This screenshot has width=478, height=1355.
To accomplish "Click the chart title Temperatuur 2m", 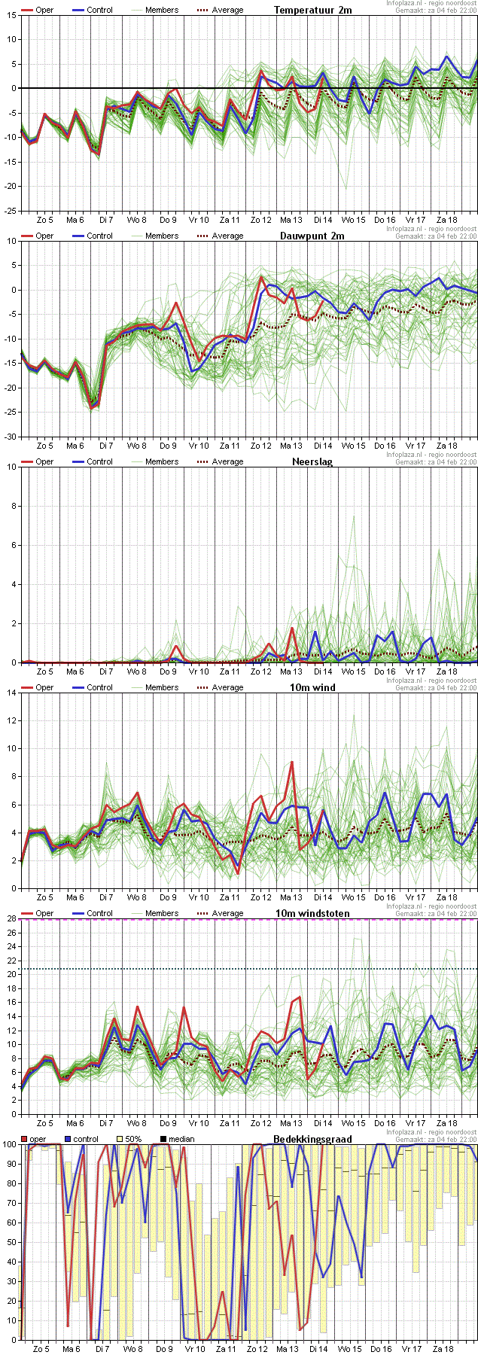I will pos(312,10).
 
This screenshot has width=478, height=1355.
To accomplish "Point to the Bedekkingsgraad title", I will pos(312,1139).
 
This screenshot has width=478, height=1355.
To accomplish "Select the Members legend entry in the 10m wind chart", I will pos(162,687).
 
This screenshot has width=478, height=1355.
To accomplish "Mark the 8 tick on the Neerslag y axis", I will pos(13,506).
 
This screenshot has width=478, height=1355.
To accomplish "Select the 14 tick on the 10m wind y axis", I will pos(11,693).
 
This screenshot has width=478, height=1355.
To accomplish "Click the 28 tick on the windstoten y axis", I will pos(11,918).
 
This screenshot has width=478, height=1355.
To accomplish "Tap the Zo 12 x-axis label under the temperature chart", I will pos(260,219).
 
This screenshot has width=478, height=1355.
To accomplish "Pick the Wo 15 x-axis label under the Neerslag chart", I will pos(353,671).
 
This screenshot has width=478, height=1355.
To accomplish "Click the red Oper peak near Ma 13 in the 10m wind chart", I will pos(291,763).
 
